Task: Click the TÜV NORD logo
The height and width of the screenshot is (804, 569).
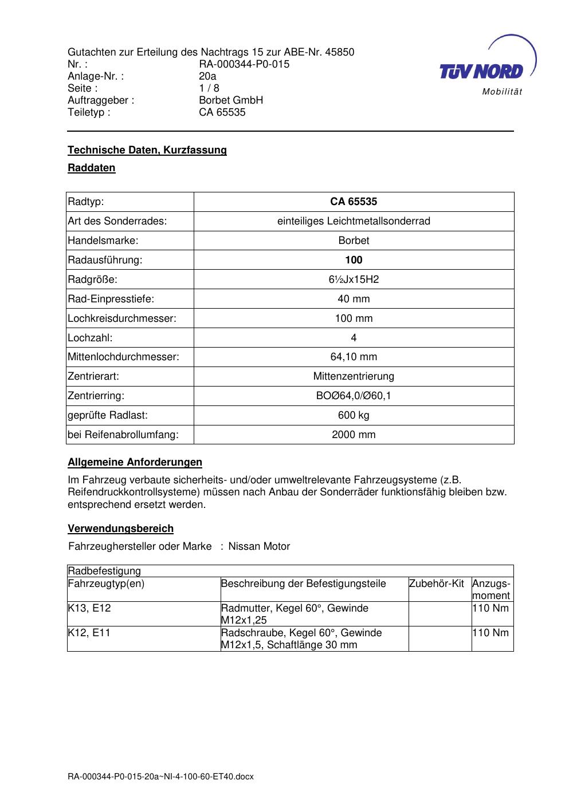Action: coord(486,68)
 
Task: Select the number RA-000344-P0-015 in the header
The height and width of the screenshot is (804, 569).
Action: coord(244,64)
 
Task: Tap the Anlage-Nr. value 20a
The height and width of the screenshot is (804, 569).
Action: coord(207,76)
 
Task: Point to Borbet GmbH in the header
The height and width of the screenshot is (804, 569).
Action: coord(231,100)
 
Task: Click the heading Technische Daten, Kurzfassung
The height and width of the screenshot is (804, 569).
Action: coord(147,150)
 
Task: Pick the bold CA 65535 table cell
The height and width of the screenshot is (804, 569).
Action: coord(354,202)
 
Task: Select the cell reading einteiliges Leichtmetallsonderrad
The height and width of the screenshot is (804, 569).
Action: coord(354,221)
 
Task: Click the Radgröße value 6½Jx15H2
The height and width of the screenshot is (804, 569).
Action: coord(354,279)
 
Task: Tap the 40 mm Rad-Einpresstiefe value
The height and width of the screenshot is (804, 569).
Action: coord(354,299)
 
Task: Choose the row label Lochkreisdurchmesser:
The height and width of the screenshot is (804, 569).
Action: coord(122,318)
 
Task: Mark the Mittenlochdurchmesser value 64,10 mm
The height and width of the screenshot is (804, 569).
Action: coord(354,357)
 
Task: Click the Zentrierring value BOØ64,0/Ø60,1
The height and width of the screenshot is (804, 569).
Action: coord(354,396)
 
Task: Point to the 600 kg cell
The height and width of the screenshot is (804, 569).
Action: coord(354,415)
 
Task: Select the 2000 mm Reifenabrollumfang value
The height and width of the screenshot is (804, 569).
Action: coord(354,435)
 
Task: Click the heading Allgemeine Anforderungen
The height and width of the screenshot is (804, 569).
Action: coord(135,462)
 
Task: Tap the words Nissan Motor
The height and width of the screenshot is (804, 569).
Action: coord(259,546)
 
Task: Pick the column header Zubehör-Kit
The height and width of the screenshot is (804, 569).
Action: coord(437,584)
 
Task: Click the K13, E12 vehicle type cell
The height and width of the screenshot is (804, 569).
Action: coord(89,608)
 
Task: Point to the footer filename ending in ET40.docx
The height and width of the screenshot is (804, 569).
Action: coord(160,777)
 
